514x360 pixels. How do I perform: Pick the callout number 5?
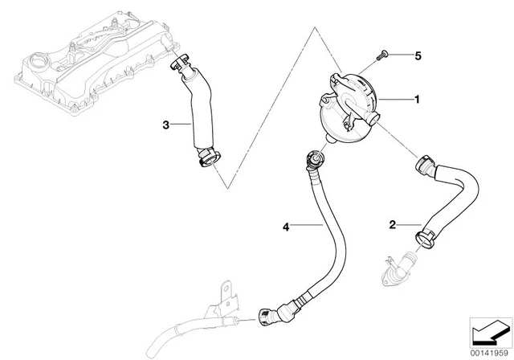point(417,55)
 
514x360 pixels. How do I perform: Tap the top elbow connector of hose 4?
point(311,162)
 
